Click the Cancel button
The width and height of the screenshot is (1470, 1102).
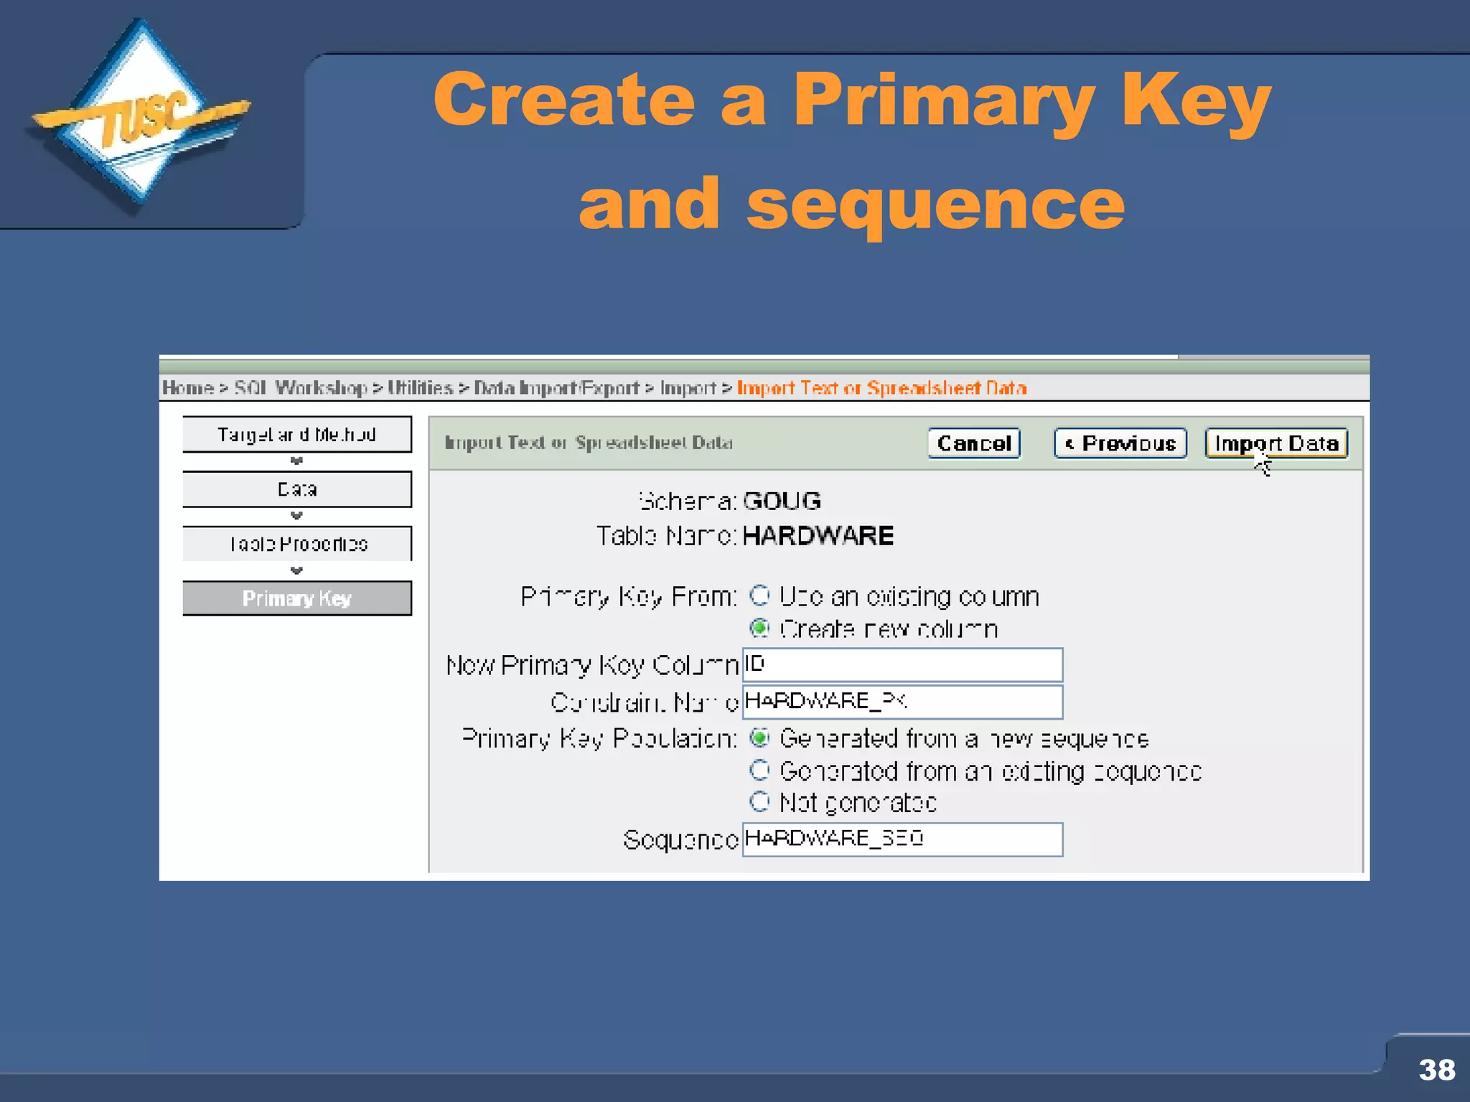coord(974,443)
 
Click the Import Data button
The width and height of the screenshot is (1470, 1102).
coord(1276,443)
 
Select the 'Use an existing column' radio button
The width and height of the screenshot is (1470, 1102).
coord(759,595)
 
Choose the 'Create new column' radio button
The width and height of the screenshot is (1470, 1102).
coord(759,628)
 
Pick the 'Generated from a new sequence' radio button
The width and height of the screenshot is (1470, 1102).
coord(759,738)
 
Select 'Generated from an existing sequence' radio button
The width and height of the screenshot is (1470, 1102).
coord(759,771)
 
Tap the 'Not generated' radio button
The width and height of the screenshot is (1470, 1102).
coord(759,801)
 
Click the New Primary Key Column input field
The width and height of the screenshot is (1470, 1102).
coord(902,665)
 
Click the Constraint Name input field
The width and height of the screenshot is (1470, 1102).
coord(902,702)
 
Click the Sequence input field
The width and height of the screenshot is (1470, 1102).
coord(902,839)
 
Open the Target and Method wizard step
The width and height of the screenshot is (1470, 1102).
coord(297,434)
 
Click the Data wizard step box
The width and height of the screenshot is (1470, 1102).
coord(297,489)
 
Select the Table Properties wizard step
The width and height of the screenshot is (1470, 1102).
coord(297,544)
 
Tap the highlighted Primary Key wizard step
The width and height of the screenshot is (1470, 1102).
coord(297,598)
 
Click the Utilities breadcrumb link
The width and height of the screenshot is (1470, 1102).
coord(420,388)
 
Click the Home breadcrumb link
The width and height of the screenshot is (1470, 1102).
coord(187,388)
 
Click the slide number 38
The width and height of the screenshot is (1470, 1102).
coord(1436,1070)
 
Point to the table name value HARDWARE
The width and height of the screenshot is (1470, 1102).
coord(818,536)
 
